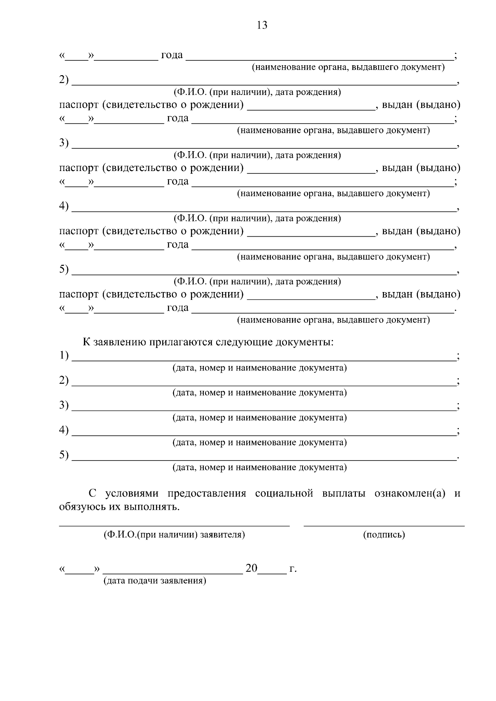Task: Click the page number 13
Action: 262,26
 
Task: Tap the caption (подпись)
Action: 384,535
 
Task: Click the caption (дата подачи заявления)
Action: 155,581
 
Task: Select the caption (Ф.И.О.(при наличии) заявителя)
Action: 174,535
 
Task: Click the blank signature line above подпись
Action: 384,525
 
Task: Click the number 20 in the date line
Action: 251,568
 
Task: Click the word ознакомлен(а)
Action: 410,494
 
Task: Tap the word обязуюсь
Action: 82,507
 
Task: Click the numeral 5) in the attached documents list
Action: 64,455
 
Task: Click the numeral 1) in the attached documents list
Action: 64,355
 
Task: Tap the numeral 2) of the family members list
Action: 64,80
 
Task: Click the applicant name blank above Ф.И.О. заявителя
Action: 174,525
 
